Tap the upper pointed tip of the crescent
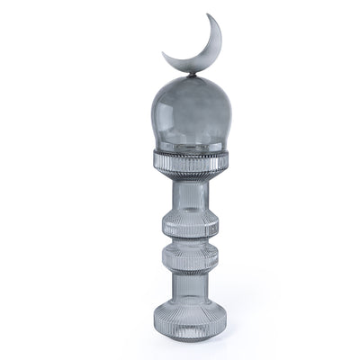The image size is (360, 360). pyautogui.click(x=210, y=16)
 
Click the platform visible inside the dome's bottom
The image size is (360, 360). pyautogui.click(x=188, y=144)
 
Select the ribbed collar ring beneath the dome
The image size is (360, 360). pyautogui.click(x=188, y=163)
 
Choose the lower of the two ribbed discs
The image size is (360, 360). pyautogui.click(x=188, y=257)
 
